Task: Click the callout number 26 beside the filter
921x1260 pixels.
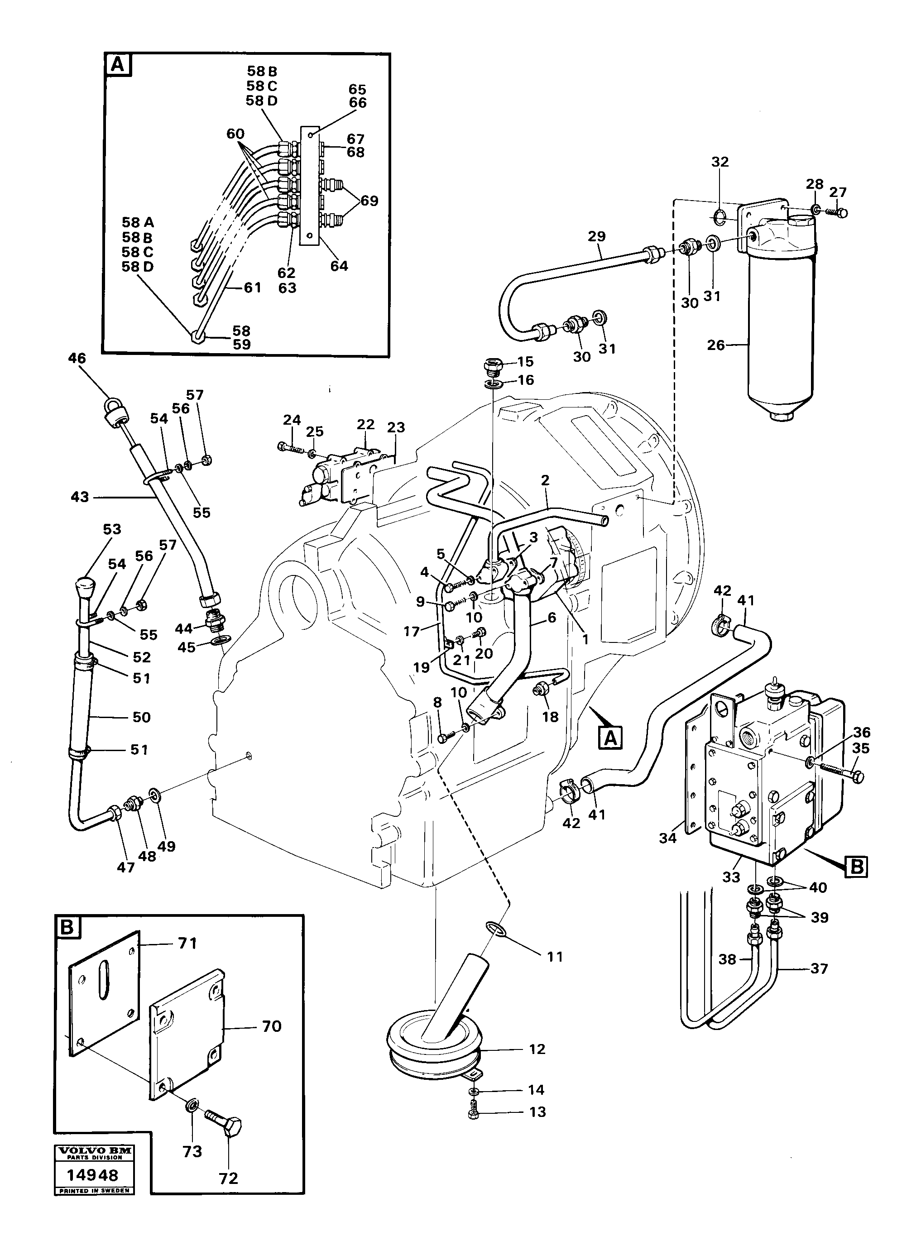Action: [x=716, y=345]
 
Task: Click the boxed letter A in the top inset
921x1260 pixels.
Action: [x=118, y=65]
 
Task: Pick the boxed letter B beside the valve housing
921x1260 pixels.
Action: [x=857, y=867]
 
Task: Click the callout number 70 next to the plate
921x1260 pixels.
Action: [x=272, y=1026]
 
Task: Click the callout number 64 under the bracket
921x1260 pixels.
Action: [x=339, y=266]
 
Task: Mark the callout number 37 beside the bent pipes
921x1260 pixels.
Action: [x=819, y=968]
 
